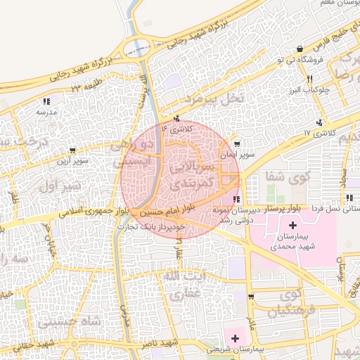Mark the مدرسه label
(x=46, y=112)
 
